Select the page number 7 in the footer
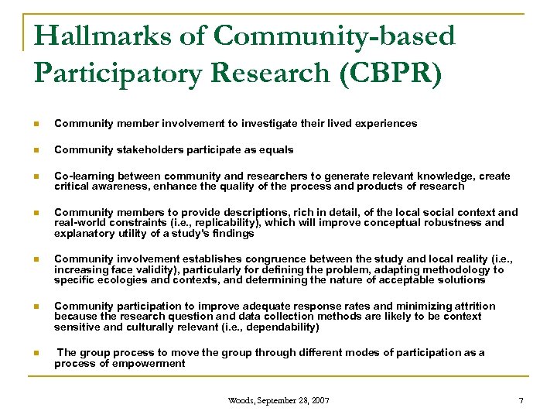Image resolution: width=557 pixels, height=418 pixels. point(521,400)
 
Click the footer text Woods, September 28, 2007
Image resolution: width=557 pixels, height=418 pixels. point(278,400)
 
